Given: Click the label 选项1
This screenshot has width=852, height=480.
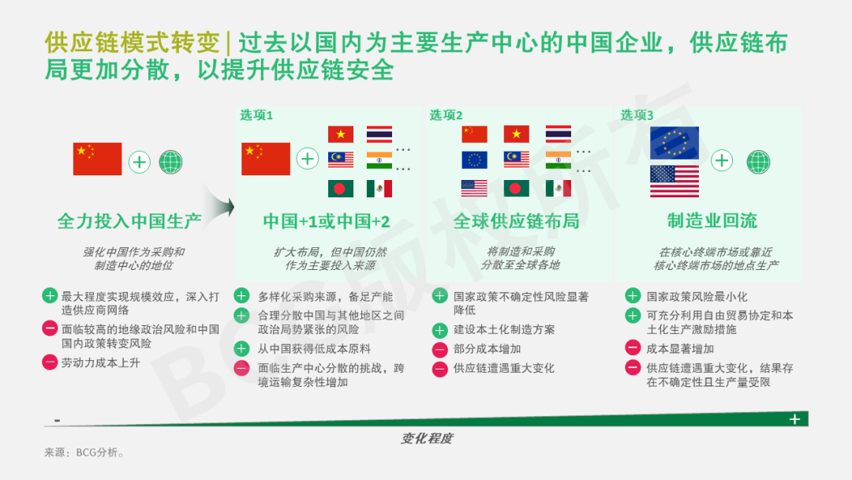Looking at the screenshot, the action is click(256, 115).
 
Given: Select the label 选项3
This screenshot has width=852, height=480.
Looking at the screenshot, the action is click(637, 115).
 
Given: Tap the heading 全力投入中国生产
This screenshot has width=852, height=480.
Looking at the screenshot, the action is click(129, 221).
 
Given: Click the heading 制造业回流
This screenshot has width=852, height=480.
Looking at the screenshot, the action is click(712, 221).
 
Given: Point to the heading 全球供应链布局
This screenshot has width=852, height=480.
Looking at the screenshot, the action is click(516, 221).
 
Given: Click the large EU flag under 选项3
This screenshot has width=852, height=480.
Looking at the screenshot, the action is click(674, 143).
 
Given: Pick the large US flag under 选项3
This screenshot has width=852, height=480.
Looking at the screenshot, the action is click(674, 181).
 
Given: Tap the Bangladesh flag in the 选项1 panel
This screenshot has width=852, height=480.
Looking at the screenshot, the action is click(341, 189).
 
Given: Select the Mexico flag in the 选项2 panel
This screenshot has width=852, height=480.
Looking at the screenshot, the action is click(558, 189).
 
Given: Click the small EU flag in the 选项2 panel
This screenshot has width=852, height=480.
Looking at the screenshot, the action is click(474, 159).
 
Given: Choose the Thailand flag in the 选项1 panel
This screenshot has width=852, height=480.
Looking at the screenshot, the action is click(379, 134).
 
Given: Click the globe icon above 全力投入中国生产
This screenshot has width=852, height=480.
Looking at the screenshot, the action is click(170, 162).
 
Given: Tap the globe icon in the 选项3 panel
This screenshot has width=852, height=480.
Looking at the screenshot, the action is click(758, 162).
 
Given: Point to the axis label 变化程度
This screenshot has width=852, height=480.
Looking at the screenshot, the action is click(427, 439).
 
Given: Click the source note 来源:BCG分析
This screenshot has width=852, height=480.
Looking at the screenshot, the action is click(84, 452).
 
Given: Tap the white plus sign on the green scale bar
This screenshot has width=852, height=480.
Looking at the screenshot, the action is click(794, 419).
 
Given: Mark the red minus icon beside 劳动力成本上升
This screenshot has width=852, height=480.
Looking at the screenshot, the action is click(50, 362).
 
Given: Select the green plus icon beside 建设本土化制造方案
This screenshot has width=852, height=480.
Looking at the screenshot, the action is click(439, 330).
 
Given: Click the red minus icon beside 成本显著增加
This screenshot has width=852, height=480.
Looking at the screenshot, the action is click(633, 347).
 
